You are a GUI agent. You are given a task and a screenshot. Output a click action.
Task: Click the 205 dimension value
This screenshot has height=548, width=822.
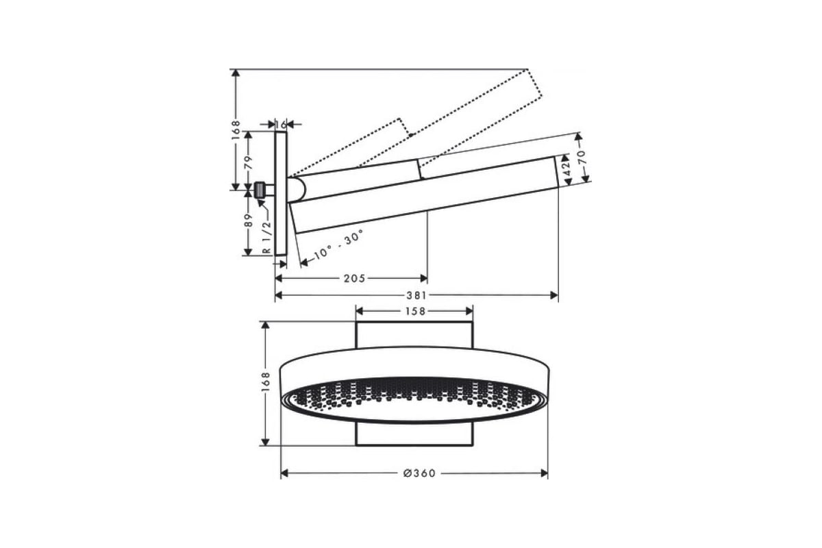click(355, 278)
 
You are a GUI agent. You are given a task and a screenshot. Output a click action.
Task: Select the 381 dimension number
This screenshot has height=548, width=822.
click(416, 295)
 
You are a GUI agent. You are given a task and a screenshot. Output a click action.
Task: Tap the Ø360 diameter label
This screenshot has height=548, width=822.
click(419, 473)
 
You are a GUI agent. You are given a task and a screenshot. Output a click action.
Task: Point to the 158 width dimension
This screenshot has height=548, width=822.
click(415, 311)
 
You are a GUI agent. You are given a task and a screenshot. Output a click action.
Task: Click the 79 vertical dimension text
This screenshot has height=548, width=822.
click(249, 162)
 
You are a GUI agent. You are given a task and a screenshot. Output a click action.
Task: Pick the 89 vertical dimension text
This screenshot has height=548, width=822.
click(249, 221)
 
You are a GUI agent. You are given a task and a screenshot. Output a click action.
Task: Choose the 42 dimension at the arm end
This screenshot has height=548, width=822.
click(567, 169)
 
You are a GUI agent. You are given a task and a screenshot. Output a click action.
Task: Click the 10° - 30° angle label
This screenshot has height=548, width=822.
click(338, 245)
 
